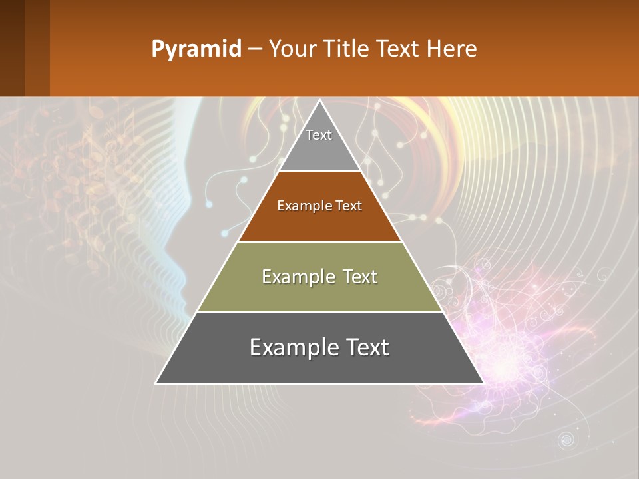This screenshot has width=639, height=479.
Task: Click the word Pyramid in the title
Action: [x=196, y=49]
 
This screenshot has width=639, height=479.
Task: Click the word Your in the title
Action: [x=292, y=49]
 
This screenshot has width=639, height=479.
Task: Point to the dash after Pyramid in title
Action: [x=255, y=49]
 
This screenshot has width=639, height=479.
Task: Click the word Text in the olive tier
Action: [x=356, y=277]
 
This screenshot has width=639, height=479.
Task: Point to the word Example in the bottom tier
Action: [x=290, y=347]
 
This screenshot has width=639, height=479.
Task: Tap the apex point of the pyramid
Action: [x=319, y=101]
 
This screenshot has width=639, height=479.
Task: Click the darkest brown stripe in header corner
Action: [x=12, y=48]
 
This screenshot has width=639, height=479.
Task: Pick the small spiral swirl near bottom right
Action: [x=566, y=440]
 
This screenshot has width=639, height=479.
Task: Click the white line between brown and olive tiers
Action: [x=319, y=241]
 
